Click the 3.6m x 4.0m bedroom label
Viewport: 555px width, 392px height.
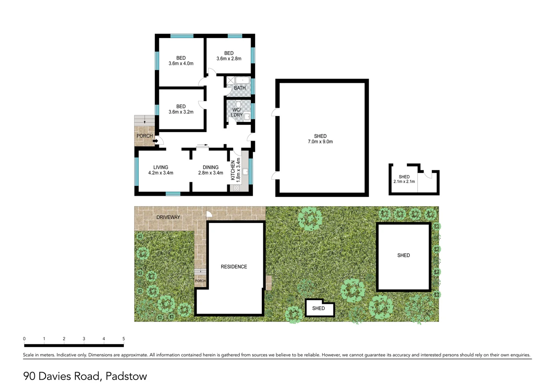(x=181, y=61)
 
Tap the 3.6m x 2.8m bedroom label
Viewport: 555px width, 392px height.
(x=229, y=56)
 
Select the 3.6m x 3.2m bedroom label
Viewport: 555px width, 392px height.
(x=181, y=109)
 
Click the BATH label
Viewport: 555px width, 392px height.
(x=240, y=88)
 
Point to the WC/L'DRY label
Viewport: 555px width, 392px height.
(x=236, y=112)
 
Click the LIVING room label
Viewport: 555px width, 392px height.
(x=161, y=170)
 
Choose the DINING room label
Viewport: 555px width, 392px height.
(x=211, y=170)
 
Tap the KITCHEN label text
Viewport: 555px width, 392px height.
(x=233, y=170)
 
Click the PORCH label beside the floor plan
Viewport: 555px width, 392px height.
(x=145, y=136)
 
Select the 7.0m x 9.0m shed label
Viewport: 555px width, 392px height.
(x=320, y=139)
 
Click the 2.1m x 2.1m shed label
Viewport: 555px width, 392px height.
(x=404, y=179)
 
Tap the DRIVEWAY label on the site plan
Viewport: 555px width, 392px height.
(x=168, y=217)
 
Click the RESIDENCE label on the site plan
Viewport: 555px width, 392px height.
(x=234, y=267)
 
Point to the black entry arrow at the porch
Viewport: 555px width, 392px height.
(x=155, y=141)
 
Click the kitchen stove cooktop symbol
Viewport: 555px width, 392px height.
(x=236, y=188)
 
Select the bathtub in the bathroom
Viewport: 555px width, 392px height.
(x=242, y=81)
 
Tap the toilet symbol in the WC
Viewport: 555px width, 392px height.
(x=238, y=105)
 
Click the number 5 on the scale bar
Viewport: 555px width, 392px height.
(x=123, y=339)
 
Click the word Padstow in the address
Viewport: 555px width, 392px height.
(x=126, y=376)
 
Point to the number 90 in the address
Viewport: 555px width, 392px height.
(x=29, y=376)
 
